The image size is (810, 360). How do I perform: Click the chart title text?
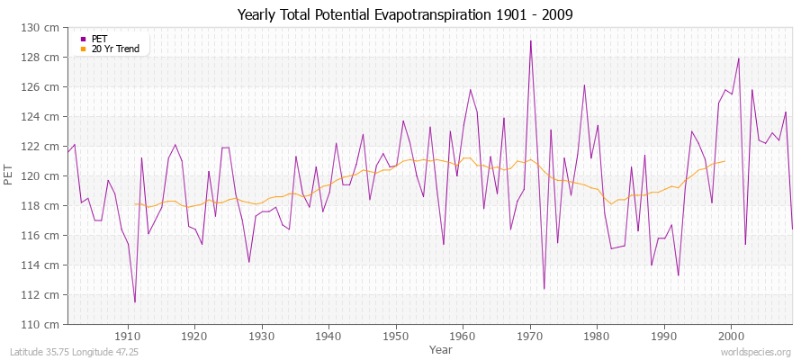click(404, 14)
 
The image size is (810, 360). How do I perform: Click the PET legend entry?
click(99, 39)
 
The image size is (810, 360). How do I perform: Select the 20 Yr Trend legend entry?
click(115, 49)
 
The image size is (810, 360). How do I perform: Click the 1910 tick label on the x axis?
click(128, 336)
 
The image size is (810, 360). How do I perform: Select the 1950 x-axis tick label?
click(395, 336)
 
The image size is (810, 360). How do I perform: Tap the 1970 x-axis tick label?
click(529, 336)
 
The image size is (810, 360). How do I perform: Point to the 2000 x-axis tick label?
click(730, 336)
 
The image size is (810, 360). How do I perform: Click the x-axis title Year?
click(441, 348)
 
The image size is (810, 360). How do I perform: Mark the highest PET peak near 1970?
click(531, 40)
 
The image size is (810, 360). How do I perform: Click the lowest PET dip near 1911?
click(135, 302)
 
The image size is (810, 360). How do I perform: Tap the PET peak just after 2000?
click(739, 58)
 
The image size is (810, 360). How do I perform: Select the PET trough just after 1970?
click(544, 289)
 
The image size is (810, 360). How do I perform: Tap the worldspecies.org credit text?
click(756, 352)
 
